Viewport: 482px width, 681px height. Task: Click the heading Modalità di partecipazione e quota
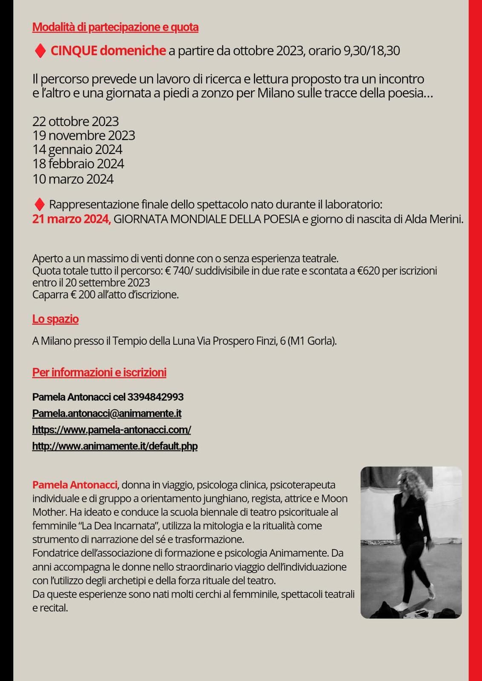click(x=115, y=27)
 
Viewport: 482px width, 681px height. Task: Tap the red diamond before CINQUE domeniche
click(x=40, y=51)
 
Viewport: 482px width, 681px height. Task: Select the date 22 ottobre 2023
click(x=75, y=121)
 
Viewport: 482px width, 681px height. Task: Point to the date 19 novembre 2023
click(x=83, y=135)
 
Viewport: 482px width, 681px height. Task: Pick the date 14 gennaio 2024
click(x=77, y=149)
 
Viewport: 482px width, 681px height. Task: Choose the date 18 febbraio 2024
click(x=78, y=163)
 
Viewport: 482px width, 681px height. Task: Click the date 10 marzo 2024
click(x=73, y=179)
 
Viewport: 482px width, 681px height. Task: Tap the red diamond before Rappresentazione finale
click(x=39, y=205)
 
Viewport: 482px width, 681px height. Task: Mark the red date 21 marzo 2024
click(x=71, y=219)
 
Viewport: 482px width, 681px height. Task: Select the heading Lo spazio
click(x=55, y=319)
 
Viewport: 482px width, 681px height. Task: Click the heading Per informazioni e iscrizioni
click(x=99, y=372)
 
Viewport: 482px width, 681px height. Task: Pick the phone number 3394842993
click(x=155, y=397)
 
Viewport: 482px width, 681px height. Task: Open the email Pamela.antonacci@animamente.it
click(x=107, y=413)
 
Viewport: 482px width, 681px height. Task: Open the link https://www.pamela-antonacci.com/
click(x=112, y=429)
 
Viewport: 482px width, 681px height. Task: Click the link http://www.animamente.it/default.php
click(x=115, y=446)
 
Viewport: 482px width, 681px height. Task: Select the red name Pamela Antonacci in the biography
click(x=75, y=484)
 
